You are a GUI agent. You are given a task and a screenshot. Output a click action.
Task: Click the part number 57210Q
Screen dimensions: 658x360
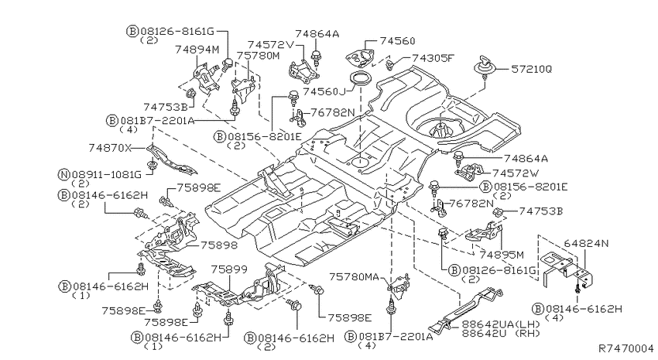[x=531, y=69]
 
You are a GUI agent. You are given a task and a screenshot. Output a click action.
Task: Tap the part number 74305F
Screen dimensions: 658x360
[x=433, y=58]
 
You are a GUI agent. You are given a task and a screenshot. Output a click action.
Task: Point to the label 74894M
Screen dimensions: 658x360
[x=197, y=50]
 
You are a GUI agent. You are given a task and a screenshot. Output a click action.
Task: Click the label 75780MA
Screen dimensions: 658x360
[x=354, y=277]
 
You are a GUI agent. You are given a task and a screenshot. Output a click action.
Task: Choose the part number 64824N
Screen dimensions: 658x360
[x=586, y=243]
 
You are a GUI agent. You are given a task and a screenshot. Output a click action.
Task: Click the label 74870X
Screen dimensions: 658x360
[x=110, y=148]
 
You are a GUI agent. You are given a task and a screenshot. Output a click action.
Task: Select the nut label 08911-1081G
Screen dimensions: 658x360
[x=107, y=174]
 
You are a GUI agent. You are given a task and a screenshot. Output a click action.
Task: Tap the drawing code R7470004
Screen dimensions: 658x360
[x=625, y=348]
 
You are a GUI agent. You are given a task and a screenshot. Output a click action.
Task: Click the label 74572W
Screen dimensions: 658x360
[x=516, y=173]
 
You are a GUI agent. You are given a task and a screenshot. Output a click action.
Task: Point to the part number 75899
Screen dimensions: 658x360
[x=229, y=269]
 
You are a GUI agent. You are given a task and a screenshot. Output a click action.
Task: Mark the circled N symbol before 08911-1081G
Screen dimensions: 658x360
[x=63, y=174]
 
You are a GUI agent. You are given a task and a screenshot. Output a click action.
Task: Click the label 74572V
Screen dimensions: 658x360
[x=271, y=45]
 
